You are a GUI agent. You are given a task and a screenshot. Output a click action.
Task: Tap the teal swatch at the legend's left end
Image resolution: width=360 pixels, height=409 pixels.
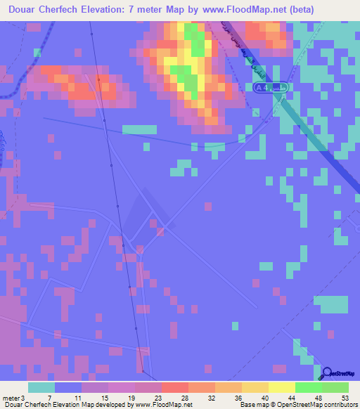click(41, 387)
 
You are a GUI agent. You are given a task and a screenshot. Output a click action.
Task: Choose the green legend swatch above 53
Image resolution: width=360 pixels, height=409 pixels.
click(335, 387)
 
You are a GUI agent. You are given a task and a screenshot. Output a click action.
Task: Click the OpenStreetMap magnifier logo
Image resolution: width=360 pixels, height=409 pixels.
click(327, 372)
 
